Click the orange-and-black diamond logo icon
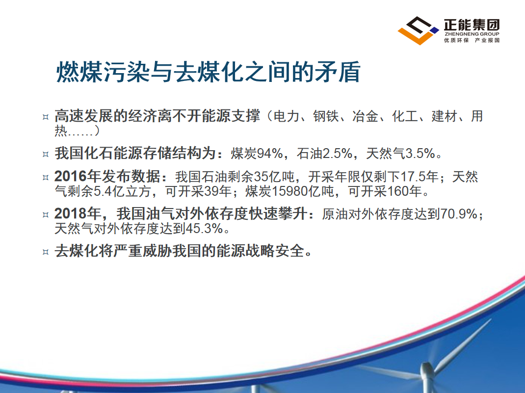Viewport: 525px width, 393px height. coord(418,30)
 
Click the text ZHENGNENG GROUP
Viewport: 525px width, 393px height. coord(472,34)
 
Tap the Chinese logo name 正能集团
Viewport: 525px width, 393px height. coord(472,25)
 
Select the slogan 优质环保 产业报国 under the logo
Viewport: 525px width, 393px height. coord(472,40)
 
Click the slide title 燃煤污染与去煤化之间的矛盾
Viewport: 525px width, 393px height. coord(208,72)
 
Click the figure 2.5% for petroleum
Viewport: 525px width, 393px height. coord(338,154)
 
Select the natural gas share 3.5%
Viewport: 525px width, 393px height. coord(420,154)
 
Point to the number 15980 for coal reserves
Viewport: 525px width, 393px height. coord(289,191)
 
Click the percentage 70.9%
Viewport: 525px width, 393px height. coord(459,214)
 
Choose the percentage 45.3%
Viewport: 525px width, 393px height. coord(204,229)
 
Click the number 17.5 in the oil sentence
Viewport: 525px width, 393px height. coord(413,177)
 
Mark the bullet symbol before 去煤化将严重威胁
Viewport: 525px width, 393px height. coord(46,252)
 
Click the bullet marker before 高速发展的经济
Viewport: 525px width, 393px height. coord(46,117)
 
